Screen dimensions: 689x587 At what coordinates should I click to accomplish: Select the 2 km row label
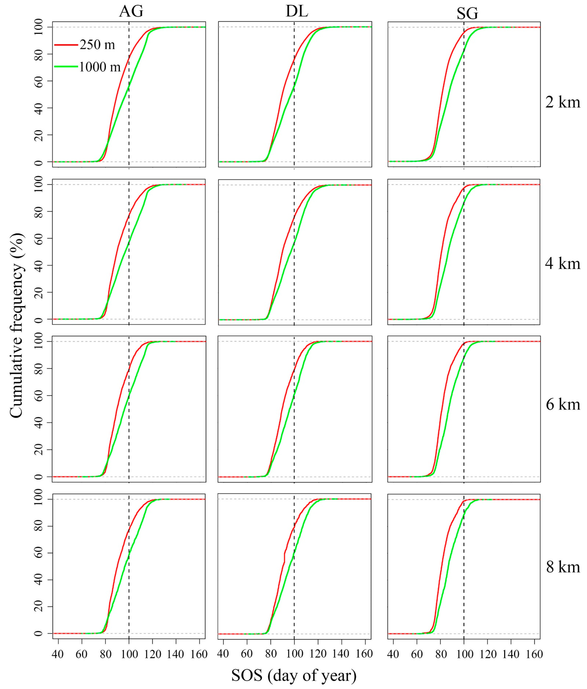point(562,102)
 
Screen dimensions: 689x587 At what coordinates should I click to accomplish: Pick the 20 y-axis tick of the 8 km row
point(39,607)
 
